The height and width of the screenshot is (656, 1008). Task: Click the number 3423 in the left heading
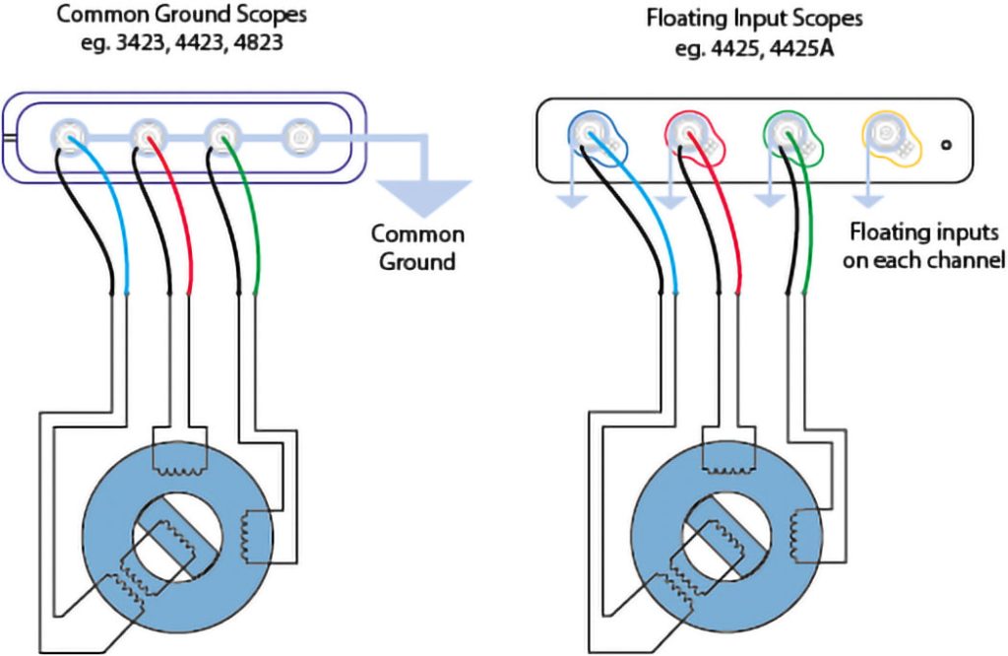(x=140, y=42)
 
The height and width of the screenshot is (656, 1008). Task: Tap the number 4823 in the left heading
(x=258, y=42)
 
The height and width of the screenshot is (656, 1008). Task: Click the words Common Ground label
(x=417, y=247)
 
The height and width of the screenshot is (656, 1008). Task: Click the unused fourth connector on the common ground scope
(x=298, y=136)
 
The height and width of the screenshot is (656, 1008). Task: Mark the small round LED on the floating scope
(x=946, y=145)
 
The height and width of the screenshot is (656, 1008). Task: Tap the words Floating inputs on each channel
(x=923, y=245)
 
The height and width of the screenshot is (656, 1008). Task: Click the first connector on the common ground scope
(x=68, y=136)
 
